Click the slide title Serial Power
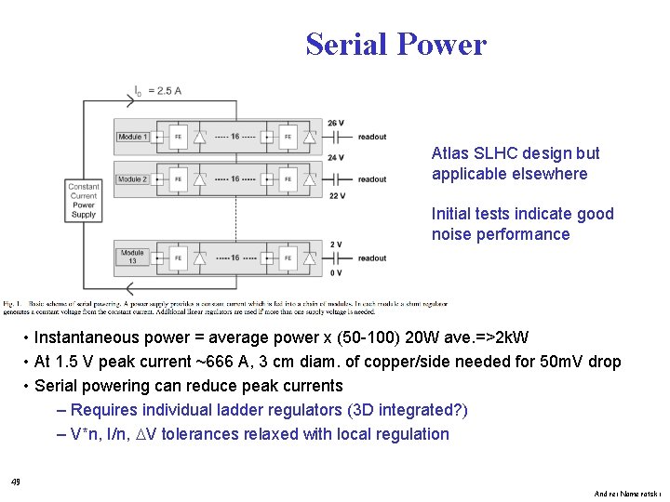(x=395, y=45)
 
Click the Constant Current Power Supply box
(x=84, y=201)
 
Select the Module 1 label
(x=132, y=138)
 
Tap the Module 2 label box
(x=132, y=179)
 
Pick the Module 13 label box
(x=132, y=256)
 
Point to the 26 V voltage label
(x=336, y=123)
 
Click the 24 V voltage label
(x=336, y=158)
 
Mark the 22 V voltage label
(x=336, y=196)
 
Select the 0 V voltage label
(x=335, y=272)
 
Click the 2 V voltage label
(x=335, y=244)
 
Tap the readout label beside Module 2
(x=371, y=179)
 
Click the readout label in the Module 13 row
(x=371, y=258)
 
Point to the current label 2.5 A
(x=164, y=91)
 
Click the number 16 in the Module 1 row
(x=234, y=138)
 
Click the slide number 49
(x=15, y=482)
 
